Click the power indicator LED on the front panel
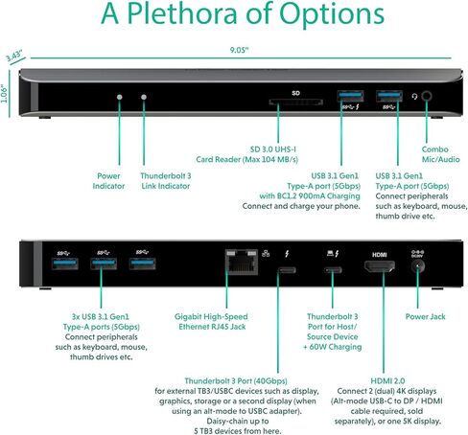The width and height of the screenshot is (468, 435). click(120, 97)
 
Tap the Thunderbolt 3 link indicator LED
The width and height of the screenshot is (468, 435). click(144, 97)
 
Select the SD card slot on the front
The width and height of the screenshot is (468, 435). click(295, 103)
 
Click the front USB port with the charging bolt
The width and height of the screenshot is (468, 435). click(350, 96)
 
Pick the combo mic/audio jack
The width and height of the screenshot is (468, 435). click(427, 96)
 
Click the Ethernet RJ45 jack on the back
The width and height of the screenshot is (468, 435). click(242, 262)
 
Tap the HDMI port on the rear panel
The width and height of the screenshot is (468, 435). click(380, 266)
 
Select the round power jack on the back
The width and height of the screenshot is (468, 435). click(417, 266)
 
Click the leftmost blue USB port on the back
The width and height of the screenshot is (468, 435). click(65, 263)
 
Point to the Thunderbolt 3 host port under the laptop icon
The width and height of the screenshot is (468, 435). click(333, 270)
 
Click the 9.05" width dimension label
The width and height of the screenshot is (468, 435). click(239, 50)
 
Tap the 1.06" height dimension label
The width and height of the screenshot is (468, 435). click(4, 94)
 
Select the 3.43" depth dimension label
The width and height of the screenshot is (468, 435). click(15, 56)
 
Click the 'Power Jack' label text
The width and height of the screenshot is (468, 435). click(425, 316)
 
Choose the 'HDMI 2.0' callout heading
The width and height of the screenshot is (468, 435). click(387, 380)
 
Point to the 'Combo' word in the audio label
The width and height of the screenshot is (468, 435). click(434, 149)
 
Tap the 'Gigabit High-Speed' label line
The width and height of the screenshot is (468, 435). click(211, 317)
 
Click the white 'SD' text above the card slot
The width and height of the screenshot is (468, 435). click(295, 93)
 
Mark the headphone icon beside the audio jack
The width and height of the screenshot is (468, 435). click(414, 96)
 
